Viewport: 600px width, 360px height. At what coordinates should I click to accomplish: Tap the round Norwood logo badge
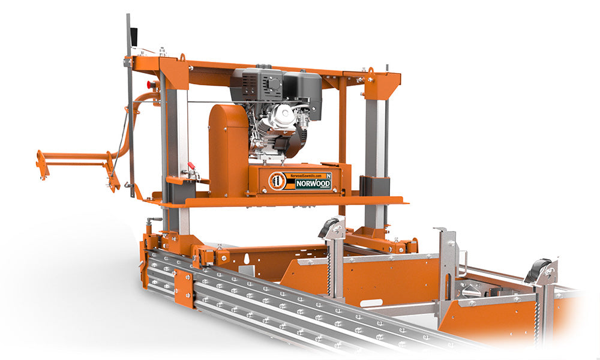pos(277,181)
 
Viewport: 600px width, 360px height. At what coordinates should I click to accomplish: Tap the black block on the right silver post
pos(374,185)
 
